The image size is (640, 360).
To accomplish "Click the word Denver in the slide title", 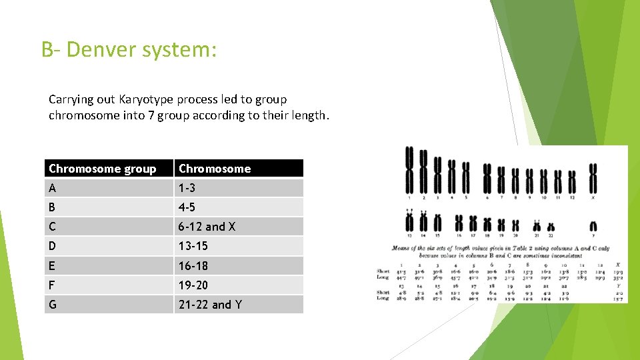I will [x=107, y=50].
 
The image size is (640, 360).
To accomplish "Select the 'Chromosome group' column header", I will [x=103, y=169].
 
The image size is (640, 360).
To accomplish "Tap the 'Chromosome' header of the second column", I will [x=215, y=169].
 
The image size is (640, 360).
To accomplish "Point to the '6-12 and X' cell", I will [x=207, y=227].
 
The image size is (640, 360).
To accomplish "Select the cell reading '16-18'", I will [x=193, y=266].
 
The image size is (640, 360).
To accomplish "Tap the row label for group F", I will [x=53, y=285].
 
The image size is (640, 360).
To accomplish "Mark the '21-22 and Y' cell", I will [x=210, y=305].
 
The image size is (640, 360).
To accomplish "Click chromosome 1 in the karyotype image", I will [x=409, y=169].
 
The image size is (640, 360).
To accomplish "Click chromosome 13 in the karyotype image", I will [x=409, y=221].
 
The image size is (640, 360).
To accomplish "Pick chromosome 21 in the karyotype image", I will [x=535, y=227].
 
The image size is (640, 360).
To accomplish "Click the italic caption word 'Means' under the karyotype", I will [x=403, y=248].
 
